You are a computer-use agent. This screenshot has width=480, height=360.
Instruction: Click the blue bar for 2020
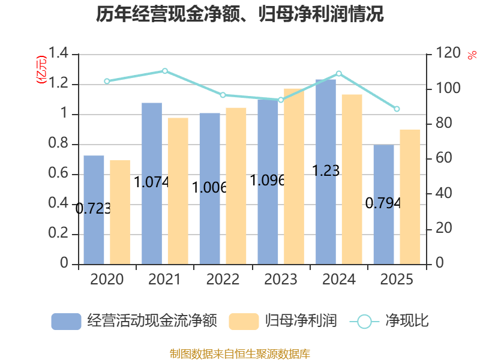coord(94,210)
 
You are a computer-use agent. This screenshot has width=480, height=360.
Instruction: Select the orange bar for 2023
coord(294,176)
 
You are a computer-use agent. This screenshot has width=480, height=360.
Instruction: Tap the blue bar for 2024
coord(326,172)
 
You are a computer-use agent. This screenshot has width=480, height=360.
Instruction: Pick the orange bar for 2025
coord(410,197)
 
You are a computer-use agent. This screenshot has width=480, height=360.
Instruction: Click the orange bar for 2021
coord(178,191)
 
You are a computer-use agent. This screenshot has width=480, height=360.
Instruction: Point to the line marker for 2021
coord(164,71)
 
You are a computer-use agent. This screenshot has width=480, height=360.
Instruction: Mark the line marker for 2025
coord(397,109)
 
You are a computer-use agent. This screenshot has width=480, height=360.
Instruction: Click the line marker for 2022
coord(223,95)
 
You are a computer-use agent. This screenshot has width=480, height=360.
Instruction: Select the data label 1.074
coord(152,182)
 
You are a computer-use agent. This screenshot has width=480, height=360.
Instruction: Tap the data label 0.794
coord(383,203)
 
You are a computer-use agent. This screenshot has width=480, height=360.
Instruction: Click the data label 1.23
coord(326,170)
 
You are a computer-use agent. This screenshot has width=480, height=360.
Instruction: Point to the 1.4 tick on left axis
coord(58,53)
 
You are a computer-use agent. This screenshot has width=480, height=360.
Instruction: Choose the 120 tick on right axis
coord(448,53)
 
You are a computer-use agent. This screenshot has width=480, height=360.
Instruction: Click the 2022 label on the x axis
coord(223,279)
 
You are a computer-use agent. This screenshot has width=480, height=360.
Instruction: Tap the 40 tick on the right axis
coord(443,193)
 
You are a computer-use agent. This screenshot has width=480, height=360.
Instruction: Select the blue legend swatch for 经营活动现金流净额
coord(66,322)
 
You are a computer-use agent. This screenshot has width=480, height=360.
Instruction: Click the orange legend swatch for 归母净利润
coord(244,322)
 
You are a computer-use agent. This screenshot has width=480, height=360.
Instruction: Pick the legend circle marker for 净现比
coord(364,322)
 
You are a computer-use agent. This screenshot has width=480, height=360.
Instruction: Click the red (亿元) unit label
coord(41,70)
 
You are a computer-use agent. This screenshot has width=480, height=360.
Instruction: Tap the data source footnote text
coord(239,354)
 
